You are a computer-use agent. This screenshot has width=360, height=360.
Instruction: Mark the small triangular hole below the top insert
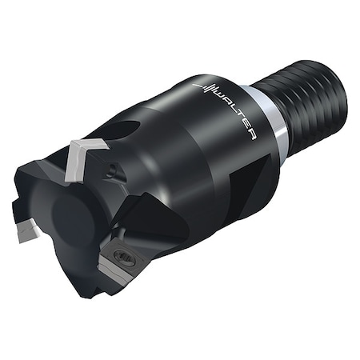coord(114,170)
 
